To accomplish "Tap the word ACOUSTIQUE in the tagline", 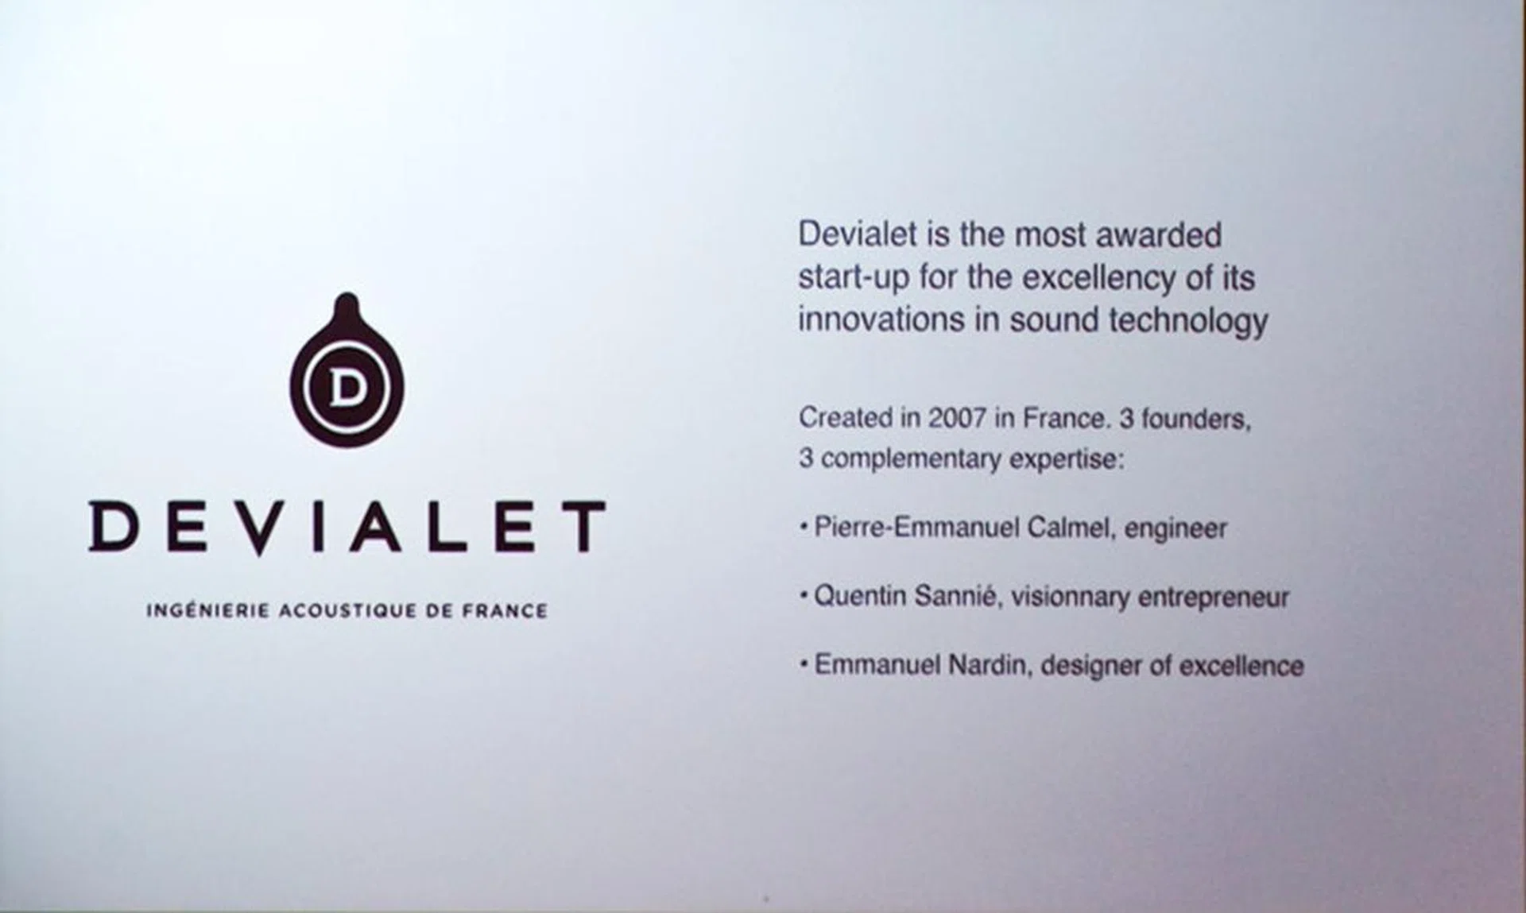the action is click(347, 611).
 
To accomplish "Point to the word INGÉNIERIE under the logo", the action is click(207, 610).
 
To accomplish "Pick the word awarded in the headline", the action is click(1159, 235).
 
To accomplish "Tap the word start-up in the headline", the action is click(853, 278).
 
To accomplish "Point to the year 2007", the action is click(957, 418).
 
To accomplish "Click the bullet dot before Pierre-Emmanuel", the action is click(804, 527).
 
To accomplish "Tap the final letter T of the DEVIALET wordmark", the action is click(580, 526).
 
